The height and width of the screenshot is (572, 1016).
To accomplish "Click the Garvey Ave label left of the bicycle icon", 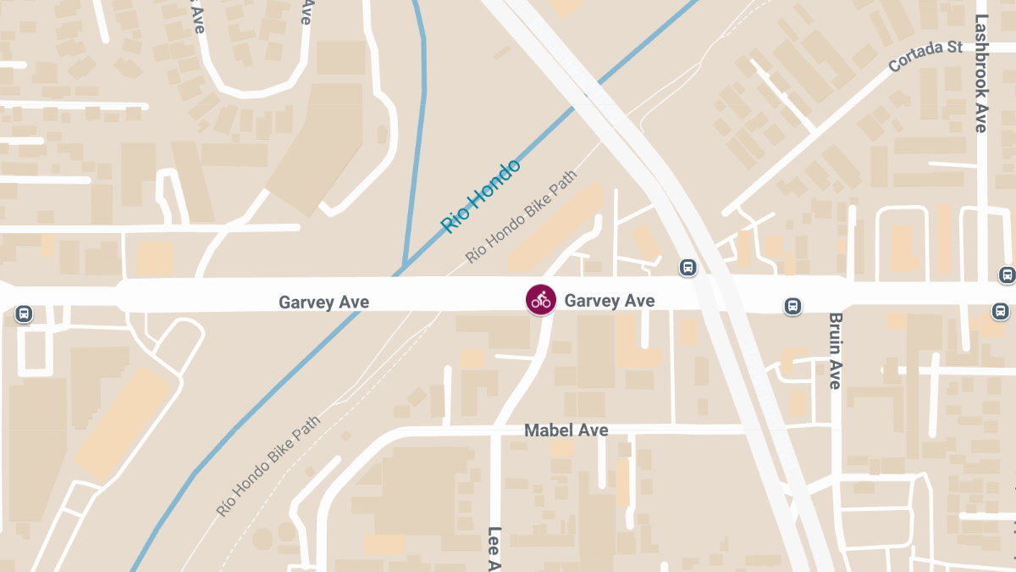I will point(324,303).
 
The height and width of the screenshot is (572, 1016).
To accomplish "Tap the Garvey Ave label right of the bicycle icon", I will point(610,300).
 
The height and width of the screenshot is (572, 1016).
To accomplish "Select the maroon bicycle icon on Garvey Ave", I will point(540,299).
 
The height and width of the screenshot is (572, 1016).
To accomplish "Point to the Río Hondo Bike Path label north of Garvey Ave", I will point(521,216).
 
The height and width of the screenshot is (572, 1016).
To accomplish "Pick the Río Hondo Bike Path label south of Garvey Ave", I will point(268,466).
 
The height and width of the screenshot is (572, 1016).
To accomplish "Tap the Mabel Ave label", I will point(566,430).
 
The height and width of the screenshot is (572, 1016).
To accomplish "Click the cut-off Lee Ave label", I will point(495,548).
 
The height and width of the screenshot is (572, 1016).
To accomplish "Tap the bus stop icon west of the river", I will point(24,314).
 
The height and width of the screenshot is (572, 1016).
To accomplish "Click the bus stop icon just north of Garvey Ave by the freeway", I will point(688,268).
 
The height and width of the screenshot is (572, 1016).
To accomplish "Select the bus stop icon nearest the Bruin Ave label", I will point(792,306).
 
